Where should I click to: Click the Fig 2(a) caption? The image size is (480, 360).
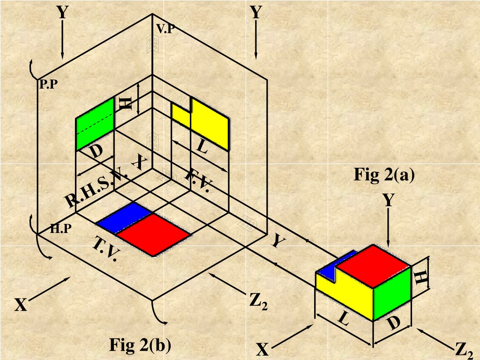[384, 175]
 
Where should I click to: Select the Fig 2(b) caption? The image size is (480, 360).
[140, 345]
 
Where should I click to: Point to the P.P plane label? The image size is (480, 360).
[49, 84]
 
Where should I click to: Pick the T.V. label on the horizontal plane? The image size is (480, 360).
[104, 249]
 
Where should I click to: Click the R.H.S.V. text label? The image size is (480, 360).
[95, 188]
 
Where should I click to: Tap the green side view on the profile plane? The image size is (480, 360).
[95, 124]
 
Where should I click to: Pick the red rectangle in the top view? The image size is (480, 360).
[153, 234]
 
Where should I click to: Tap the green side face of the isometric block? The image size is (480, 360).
[392, 293]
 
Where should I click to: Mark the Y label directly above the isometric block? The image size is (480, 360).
[388, 200]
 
